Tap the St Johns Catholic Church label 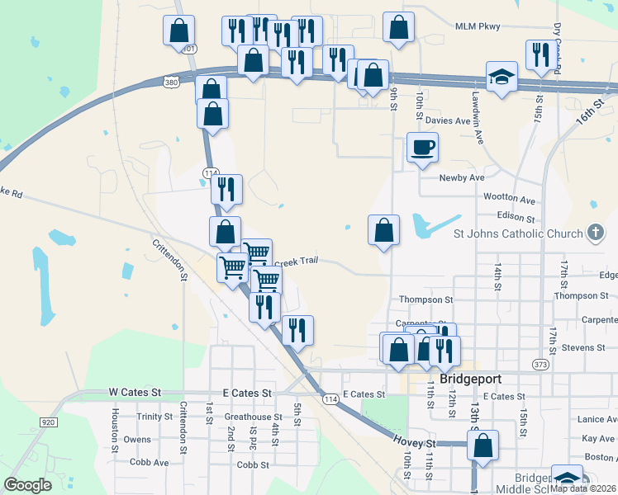pyautogui.click(x=518, y=233)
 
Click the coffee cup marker pyautogui.click(x=423, y=148)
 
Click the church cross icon pyautogui.click(x=595, y=233)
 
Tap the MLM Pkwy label pyautogui.click(x=478, y=27)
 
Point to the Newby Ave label pyautogui.click(x=461, y=177)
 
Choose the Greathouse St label pyautogui.click(x=254, y=417)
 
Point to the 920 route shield pyautogui.click(x=47, y=422)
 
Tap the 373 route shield pyautogui.click(x=540, y=364)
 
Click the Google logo pyautogui.click(x=27, y=485)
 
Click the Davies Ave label pyautogui.click(x=448, y=120)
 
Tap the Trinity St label pyautogui.click(x=155, y=417)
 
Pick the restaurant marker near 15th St pyautogui.click(x=540, y=55)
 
